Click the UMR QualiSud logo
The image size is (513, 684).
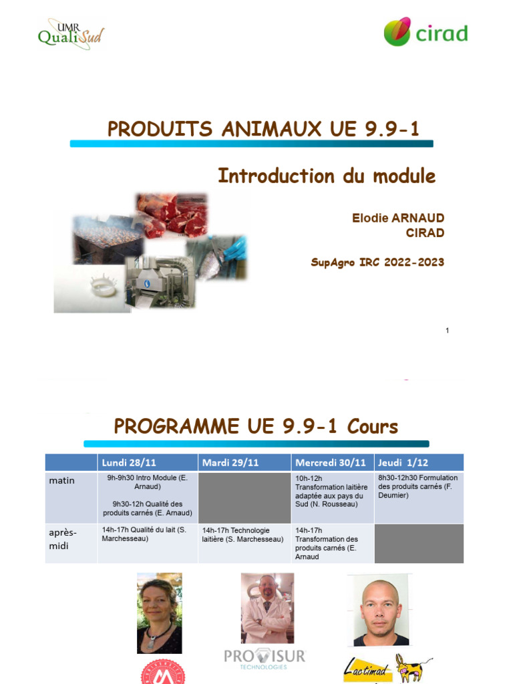(x=71, y=33)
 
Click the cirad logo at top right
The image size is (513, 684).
(x=425, y=33)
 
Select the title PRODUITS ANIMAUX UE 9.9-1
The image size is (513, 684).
(x=263, y=129)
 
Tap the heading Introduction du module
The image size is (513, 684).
(x=327, y=176)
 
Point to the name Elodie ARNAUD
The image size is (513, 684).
(x=398, y=218)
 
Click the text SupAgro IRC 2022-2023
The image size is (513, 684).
(x=377, y=263)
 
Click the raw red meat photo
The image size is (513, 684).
(x=172, y=215)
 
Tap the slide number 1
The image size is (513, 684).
(x=447, y=331)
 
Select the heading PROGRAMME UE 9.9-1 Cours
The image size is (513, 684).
(x=256, y=426)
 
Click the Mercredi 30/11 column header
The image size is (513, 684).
(x=332, y=462)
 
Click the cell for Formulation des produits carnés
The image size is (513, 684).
(x=419, y=487)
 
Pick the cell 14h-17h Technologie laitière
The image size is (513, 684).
(x=244, y=535)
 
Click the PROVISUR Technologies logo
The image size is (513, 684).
(x=265, y=658)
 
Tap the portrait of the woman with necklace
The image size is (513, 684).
(x=159, y=613)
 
